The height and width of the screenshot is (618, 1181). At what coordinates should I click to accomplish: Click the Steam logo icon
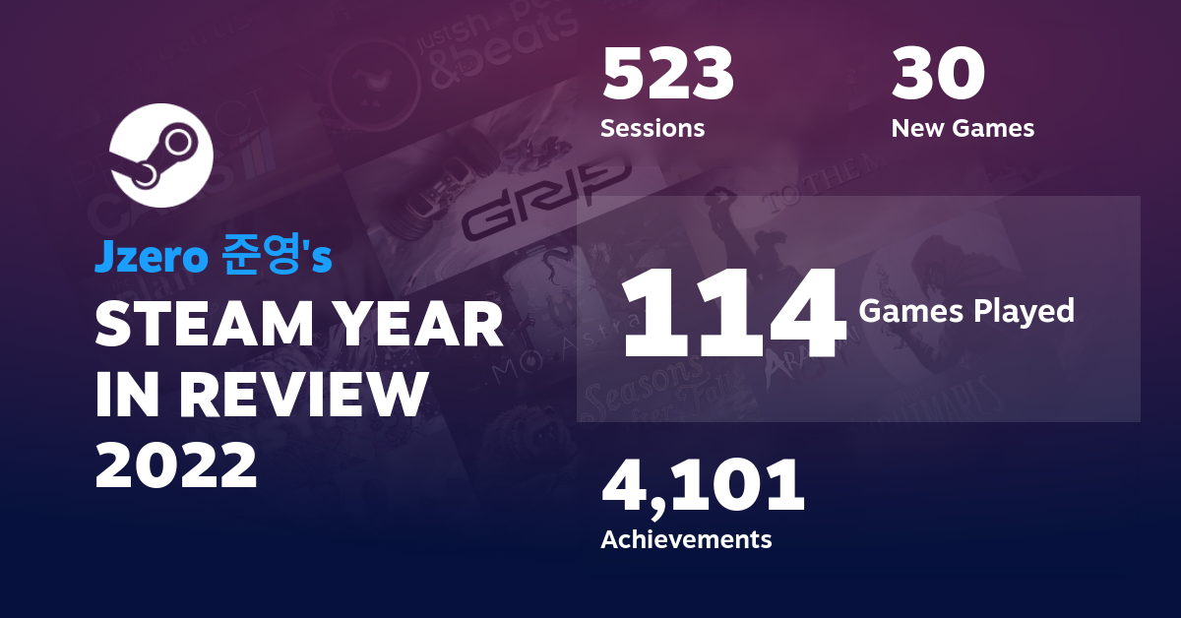[x=160, y=156]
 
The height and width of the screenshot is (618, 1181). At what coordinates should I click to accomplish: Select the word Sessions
[x=652, y=128]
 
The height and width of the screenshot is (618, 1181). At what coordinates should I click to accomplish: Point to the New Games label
[x=963, y=128]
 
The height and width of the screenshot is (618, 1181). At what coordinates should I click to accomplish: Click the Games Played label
[x=965, y=311]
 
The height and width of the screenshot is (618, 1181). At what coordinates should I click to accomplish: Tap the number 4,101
[x=703, y=488]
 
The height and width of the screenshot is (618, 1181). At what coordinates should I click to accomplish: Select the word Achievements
[x=686, y=539]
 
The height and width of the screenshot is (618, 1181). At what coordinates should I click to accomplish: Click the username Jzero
[x=151, y=257]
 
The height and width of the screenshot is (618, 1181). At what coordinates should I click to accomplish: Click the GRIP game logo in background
[x=543, y=203]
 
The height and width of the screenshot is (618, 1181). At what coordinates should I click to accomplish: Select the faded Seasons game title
[x=640, y=385]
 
